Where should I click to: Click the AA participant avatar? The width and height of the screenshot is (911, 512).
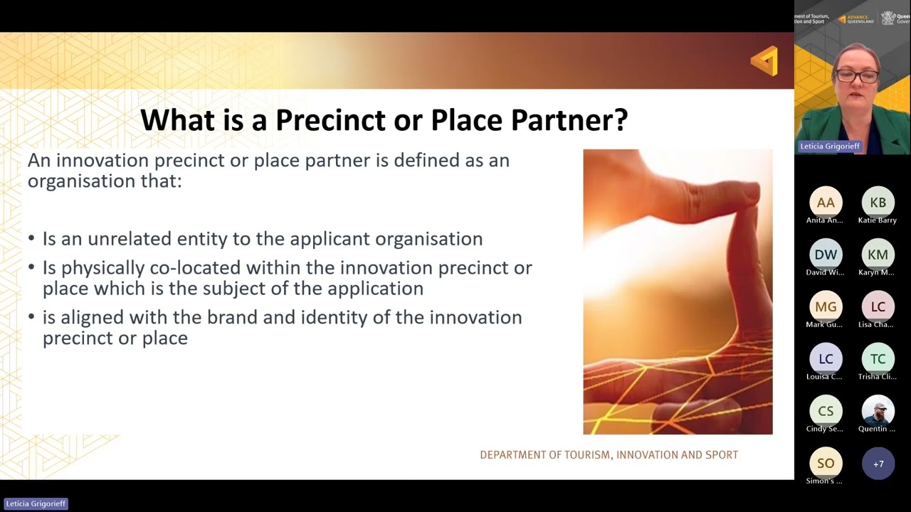click(826, 203)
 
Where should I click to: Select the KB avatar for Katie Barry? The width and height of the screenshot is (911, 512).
click(878, 203)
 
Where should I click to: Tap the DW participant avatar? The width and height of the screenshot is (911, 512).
click(826, 255)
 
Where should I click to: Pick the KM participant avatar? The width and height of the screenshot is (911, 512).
click(878, 255)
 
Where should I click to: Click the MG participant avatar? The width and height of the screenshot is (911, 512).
click(826, 306)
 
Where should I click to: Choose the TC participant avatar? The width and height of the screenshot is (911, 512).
click(878, 359)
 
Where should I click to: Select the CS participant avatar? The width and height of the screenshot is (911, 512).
click(826, 411)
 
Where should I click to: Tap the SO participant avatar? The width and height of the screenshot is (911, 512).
click(826, 463)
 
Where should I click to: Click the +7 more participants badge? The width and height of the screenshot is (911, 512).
click(878, 464)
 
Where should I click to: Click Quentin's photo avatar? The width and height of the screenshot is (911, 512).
click(878, 411)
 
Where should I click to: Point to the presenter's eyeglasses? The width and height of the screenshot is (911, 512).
click(852, 75)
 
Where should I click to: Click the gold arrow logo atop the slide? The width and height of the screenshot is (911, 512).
click(764, 61)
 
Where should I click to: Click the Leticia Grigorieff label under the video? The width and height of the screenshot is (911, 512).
click(830, 146)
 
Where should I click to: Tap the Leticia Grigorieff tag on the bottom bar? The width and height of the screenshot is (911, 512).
click(36, 503)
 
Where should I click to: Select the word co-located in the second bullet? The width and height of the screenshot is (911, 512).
click(196, 268)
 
